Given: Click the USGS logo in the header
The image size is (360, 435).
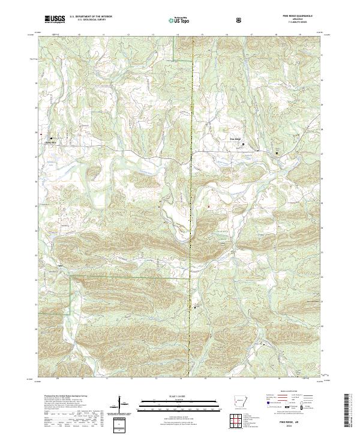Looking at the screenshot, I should (55, 20).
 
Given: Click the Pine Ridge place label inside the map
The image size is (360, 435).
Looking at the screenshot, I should (235, 140).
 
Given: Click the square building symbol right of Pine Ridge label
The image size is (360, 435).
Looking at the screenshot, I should (244, 144).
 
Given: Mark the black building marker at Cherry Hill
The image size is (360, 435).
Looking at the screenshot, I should (51, 139).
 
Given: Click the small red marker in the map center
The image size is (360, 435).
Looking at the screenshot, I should (209, 206).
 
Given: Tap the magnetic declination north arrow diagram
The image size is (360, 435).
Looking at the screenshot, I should (122, 404).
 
